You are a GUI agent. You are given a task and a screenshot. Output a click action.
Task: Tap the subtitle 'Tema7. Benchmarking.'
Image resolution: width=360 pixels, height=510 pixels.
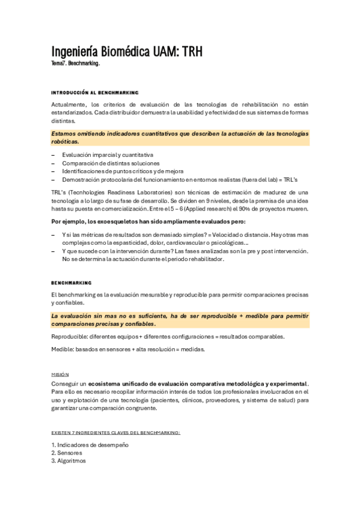coord(76,64)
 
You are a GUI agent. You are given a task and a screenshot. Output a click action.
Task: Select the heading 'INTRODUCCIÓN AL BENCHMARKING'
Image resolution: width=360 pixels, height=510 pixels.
coord(95,92)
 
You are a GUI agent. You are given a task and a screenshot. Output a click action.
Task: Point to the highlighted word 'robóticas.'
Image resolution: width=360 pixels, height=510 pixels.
coord(65,141)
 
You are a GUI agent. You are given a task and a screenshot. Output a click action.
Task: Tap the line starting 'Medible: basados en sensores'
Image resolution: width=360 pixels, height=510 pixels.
coord(128,349)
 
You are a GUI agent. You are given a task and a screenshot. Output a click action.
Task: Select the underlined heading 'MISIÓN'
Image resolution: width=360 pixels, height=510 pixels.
coord(60,373)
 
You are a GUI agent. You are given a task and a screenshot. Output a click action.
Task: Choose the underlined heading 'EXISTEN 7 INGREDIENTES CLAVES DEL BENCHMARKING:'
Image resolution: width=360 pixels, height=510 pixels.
coord(116,432)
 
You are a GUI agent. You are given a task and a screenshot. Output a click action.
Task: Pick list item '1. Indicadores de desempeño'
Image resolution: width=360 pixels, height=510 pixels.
coord(90,444)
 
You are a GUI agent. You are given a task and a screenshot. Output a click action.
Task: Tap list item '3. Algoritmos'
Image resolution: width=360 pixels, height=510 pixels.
coord(69,461)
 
